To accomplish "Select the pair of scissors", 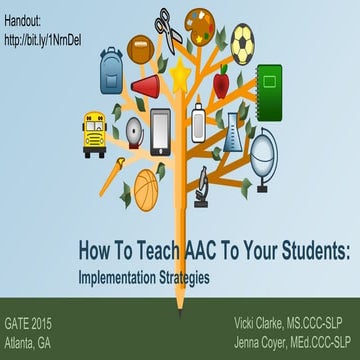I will tap(166, 28).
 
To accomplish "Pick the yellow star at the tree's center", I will tap(180, 77).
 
